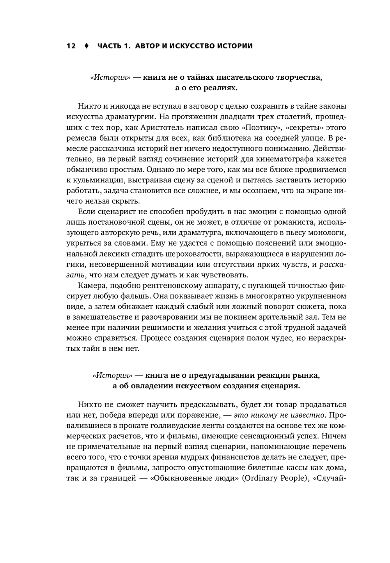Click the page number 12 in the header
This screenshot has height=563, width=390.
point(71,46)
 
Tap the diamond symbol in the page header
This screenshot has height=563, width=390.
point(86,46)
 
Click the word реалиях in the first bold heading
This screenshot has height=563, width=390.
point(222,88)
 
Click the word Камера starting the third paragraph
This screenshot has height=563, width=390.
point(90,286)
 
